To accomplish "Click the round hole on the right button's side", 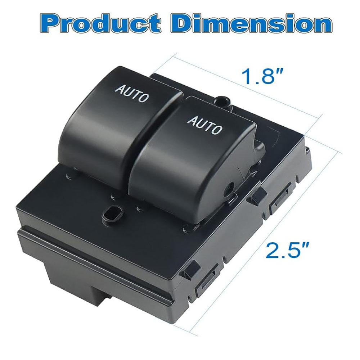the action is (229, 187).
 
